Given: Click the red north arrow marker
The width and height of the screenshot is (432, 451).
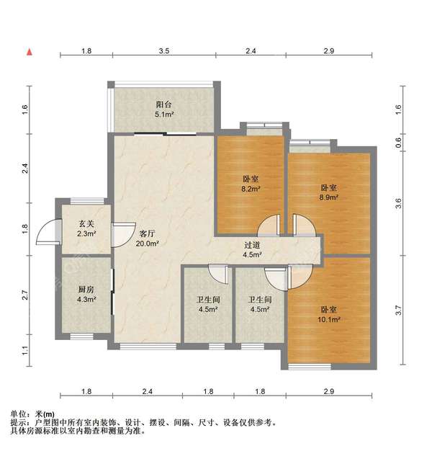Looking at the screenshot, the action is pyautogui.click(x=30, y=52).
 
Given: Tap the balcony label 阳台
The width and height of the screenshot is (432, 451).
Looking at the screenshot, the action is pyautogui.click(x=164, y=104).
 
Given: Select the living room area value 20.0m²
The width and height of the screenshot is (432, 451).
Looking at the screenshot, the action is pyautogui.click(x=148, y=244).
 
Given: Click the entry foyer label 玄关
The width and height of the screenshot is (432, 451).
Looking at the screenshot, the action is pyautogui.click(x=86, y=223).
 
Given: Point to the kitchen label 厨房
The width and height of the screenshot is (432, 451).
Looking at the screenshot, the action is pyautogui.click(x=86, y=290).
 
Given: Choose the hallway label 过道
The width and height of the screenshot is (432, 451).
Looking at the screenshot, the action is pyautogui.click(x=252, y=245).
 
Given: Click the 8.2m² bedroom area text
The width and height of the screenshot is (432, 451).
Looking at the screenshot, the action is pyautogui.click(x=251, y=189).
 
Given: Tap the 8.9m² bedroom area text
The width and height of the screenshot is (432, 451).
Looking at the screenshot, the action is pyautogui.click(x=329, y=197).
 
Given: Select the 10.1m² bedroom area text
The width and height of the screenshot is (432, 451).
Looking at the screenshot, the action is pyautogui.click(x=329, y=319).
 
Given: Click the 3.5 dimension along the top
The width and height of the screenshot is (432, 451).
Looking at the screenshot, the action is pyautogui.click(x=164, y=51).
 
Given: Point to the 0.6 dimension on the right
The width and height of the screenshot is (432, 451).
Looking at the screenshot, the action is pyautogui.click(x=398, y=142).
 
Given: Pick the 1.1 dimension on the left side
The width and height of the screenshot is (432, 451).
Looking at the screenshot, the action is pyautogui.click(x=25, y=351).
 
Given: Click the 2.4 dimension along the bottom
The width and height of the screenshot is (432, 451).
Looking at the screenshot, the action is pyautogui.click(x=147, y=391).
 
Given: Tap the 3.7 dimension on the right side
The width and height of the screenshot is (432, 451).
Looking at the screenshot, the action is pyautogui.click(x=398, y=310).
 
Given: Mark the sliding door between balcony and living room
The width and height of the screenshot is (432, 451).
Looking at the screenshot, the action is pyautogui.click(x=166, y=133).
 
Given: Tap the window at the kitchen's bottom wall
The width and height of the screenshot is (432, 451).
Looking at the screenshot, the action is pyautogui.click(x=82, y=336).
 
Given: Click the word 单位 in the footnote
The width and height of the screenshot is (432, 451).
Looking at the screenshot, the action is pyautogui.click(x=19, y=414).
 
